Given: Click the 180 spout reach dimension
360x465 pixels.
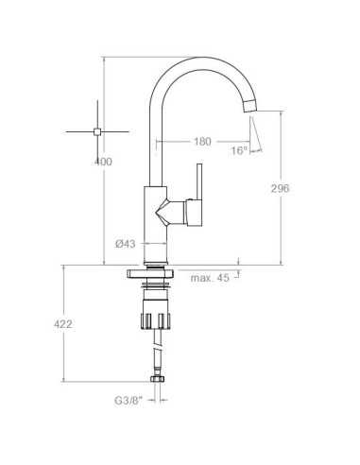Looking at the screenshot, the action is tap(202, 142).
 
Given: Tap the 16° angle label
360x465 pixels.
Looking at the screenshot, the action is tap(239, 150).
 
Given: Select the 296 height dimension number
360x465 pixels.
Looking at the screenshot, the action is tap(280, 188).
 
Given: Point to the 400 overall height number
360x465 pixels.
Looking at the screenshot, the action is tap(103, 162).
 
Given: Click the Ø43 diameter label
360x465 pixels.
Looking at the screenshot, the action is tap(126, 244).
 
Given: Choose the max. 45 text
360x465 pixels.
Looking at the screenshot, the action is tap(210, 278).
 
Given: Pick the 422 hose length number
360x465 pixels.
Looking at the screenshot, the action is tap(63, 324).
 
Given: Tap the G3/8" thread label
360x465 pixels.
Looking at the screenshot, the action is tap(129, 401).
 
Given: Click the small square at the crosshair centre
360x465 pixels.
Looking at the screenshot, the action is tap(97, 131).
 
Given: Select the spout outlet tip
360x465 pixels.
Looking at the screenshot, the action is tap(250, 105).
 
